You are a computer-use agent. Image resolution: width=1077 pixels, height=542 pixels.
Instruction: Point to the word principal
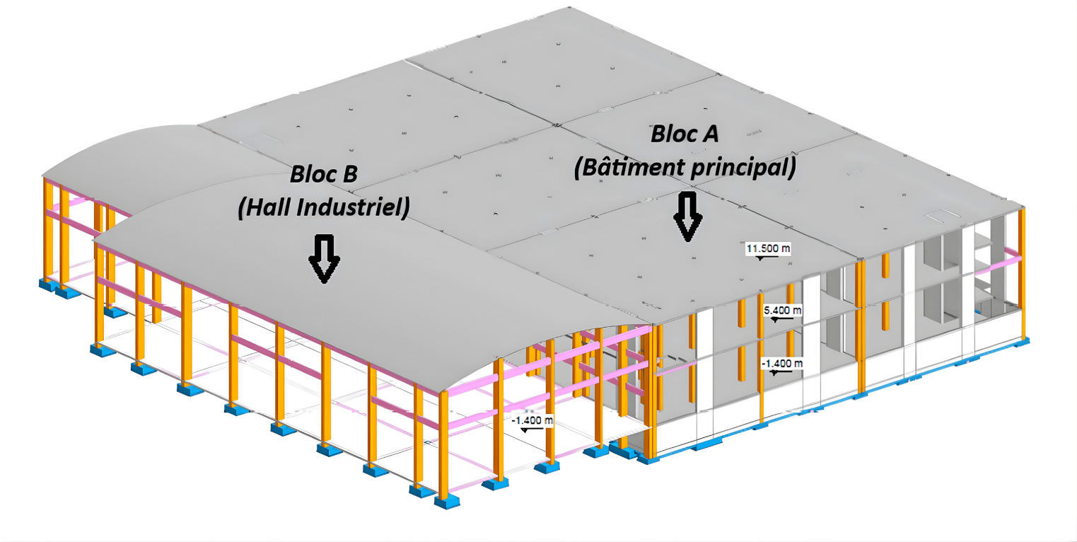[x=743, y=168]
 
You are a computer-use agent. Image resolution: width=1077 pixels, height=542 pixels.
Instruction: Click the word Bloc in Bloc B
[x=312, y=174]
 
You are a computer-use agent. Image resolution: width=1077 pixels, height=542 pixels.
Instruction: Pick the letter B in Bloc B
[x=349, y=174]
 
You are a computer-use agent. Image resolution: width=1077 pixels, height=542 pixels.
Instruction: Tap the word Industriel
[x=353, y=207]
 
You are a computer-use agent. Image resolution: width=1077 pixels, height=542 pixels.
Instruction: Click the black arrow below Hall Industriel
[x=325, y=259]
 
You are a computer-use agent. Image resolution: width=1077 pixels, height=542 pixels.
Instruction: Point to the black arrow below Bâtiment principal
[x=688, y=217]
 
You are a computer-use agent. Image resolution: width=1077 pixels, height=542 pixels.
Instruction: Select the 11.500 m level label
[x=768, y=248]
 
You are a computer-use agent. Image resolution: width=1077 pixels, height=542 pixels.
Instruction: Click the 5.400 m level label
[x=783, y=310]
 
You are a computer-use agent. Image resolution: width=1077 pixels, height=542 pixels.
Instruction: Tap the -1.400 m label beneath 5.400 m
[x=782, y=363]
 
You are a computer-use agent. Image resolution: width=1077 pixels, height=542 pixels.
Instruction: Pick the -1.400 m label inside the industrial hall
[x=532, y=420]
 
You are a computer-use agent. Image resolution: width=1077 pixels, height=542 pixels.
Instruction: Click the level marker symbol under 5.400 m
[x=778, y=319]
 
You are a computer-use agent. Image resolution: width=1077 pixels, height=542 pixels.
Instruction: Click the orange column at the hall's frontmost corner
[x=443, y=445]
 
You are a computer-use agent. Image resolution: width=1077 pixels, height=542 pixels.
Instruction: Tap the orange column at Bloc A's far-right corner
[x=1022, y=274]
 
